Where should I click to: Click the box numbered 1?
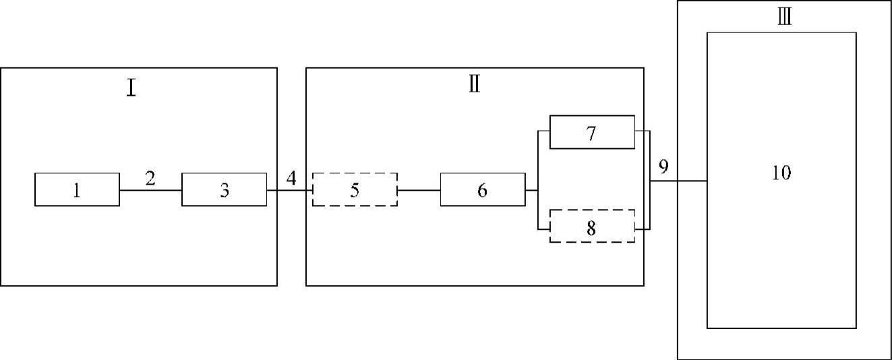pos(77,189)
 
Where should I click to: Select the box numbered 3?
pos(224,189)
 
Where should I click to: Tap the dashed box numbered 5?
pos(355,189)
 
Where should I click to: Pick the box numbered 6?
pos(482,189)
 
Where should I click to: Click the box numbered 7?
pos(592,132)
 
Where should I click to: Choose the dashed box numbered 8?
pos(592,227)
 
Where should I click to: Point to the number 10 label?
pos(781,173)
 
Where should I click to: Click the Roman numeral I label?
pos(131,88)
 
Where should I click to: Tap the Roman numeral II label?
pos(474,86)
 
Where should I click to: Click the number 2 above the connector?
pos(150,179)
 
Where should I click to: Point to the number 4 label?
pos(291,179)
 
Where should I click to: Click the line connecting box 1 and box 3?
pos(150,190)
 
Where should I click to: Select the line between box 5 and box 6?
pos(419,190)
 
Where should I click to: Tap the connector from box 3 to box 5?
pos(289,190)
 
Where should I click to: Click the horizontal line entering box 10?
pos(678,181)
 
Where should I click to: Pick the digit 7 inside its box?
pos(591,133)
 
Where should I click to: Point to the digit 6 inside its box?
pos(482,190)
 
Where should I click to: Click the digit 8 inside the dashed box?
pos(591,228)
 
